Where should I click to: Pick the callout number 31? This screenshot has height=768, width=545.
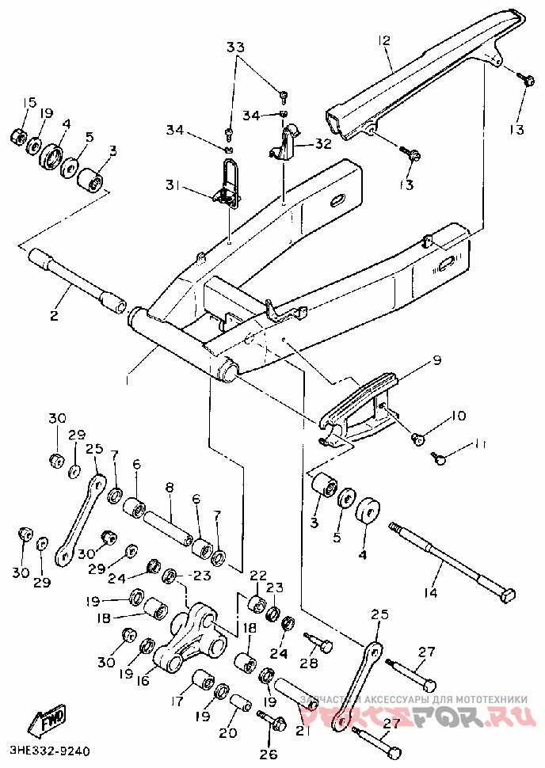(x=173, y=186)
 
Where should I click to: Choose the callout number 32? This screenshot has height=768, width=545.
(x=322, y=144)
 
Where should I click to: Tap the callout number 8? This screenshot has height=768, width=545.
(x=169, y=489)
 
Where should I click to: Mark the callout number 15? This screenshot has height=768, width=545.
(x=29, y=102)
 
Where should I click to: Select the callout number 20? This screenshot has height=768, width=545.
(x=228, y=733)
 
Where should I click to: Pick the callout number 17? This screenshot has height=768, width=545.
(x=176, y=700)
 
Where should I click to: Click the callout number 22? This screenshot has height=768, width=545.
(x=258, y=575)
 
